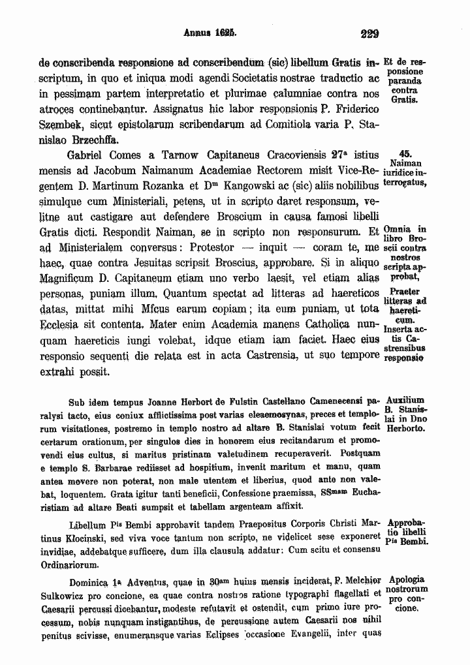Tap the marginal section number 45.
click(x=415, y=153)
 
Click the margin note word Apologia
click(x=406, y=580)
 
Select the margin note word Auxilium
click(x=405, y=400)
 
